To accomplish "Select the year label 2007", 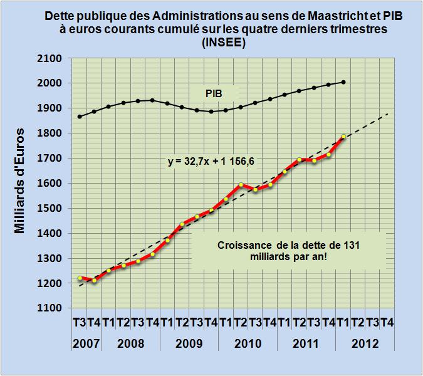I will [x=86, y=344].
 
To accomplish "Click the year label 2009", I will [x=189, y=344].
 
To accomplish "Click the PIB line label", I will [x=214, y=93].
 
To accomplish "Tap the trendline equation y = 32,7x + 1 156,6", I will [x=209, y=162].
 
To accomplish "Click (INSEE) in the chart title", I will [x=222, y=43].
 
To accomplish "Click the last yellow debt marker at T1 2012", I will [x=343, y=137].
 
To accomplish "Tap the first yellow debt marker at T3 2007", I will [x=80, y=278].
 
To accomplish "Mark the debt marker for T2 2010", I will [x=241, y=185].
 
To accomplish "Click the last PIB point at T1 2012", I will [x=343, y=82].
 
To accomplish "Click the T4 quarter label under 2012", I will [x=387, y=323].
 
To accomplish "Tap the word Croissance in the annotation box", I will [x=243, y=246].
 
